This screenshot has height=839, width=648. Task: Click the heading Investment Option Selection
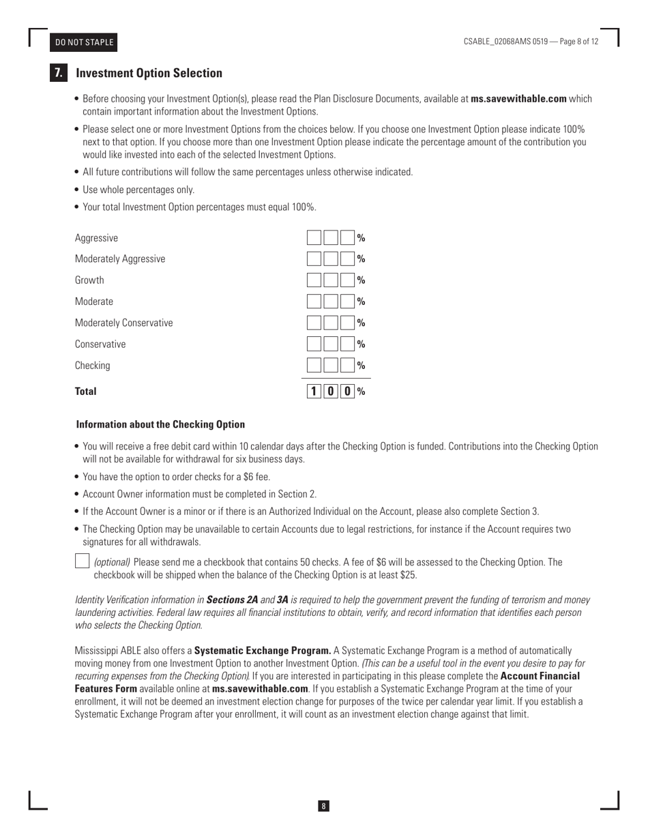(149, 73)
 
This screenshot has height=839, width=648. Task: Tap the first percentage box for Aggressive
(314, 238)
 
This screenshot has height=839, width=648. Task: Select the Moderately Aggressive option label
(120, 259)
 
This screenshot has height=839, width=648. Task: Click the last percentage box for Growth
(348, 280)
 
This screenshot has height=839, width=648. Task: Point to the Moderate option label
(94, 301)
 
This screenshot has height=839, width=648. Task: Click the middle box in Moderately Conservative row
(331, 323)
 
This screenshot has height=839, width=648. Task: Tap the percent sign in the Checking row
(362, 366)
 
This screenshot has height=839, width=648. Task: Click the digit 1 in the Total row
(314, 392)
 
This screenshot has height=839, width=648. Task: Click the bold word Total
(86, 392)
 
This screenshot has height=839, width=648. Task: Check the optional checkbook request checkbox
(81, 561)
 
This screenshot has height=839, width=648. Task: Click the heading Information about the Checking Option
(160, 424)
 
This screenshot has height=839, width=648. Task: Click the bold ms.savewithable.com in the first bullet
(518, 99)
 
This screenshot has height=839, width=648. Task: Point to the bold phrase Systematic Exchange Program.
(263, 651)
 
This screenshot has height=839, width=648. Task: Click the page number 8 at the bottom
(323, 806)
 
